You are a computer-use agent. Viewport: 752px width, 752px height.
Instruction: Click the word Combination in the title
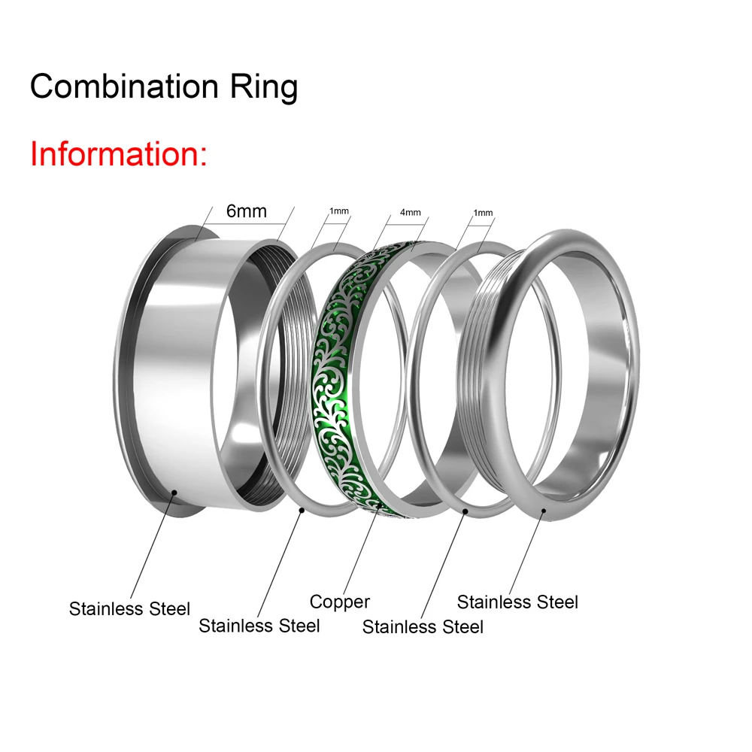tap(124, 86)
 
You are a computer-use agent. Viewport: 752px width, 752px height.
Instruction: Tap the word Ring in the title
tap(264, 88)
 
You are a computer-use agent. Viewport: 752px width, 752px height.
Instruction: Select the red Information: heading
tap(119, 153)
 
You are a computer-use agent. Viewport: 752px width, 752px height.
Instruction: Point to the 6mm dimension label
tap(247, 211)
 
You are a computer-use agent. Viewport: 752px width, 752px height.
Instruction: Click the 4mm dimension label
tap(411, 212)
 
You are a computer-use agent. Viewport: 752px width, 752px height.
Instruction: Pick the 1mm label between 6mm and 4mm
tap(339, 211)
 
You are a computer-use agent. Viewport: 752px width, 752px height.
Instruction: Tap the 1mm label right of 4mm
tap(483, 213)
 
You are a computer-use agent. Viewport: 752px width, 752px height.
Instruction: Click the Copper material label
tap(340, 602)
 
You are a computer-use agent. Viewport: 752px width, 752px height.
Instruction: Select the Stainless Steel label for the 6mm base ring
tap(129, 608)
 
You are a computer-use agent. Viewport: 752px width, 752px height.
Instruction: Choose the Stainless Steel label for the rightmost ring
tap(517, 602)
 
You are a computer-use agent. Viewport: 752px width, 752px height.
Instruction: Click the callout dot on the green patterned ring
tap(379, 505)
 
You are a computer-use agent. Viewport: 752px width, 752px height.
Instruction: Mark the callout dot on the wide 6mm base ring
tap(174, 493)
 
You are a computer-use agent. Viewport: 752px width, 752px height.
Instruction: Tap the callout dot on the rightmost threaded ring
tap(544, 511)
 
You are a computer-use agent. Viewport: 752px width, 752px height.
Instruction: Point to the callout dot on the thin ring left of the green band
tap(302, 511)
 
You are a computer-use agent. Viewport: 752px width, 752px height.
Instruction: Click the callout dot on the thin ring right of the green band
tap(465, 511)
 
